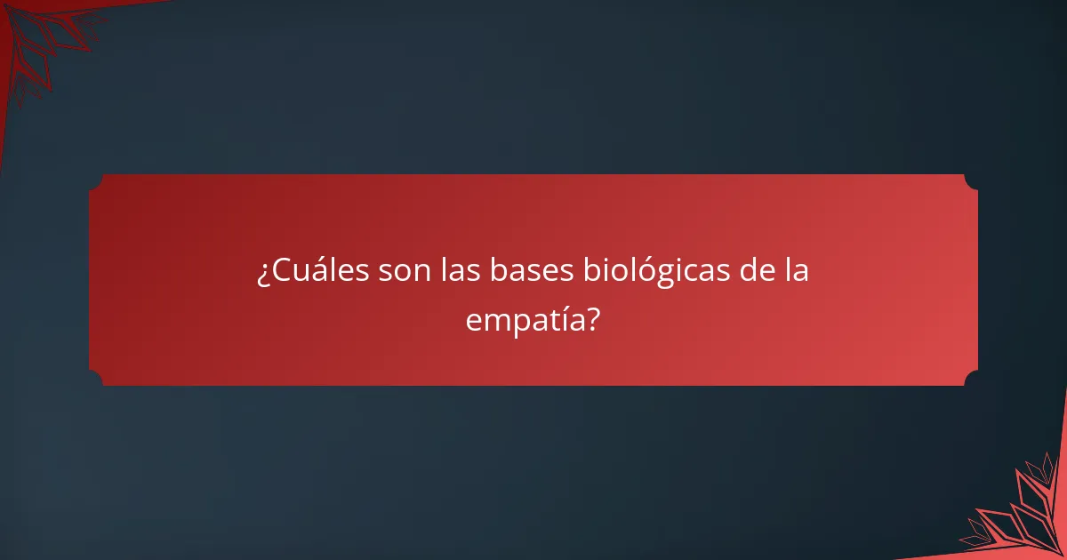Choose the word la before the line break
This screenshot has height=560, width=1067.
[x=797, y=271]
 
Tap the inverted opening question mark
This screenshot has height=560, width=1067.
[x=263, y=274]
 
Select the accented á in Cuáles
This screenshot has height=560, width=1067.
[x=316, y=271]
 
